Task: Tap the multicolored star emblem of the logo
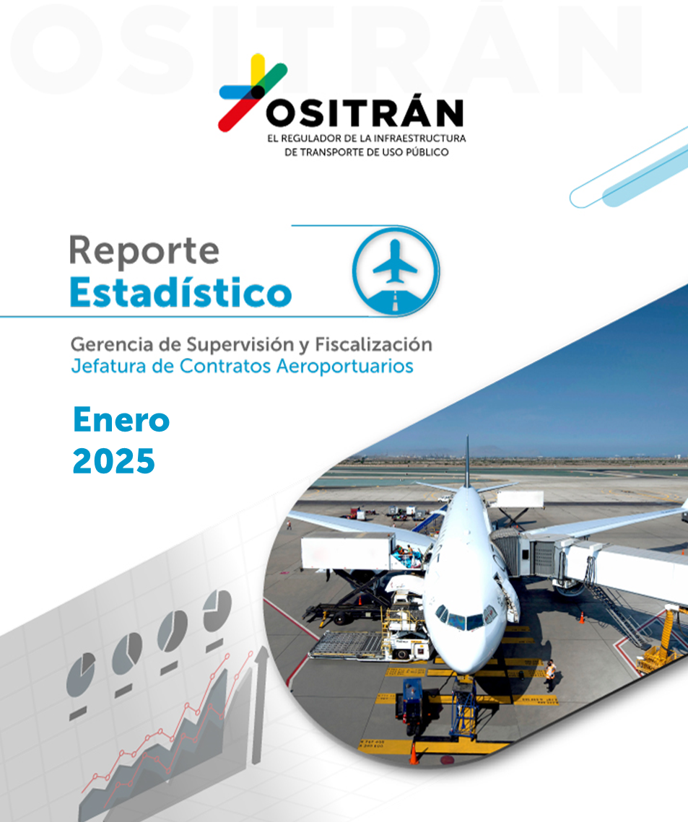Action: point(253,92)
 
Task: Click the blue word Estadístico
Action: point(180,292)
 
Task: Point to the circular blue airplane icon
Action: point(396,271)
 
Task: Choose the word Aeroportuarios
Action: point(344,367)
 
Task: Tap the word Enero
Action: point(121,421)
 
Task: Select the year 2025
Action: point(114,461)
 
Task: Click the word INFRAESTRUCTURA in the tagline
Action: point(419,139)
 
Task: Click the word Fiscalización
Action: point(373,345)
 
